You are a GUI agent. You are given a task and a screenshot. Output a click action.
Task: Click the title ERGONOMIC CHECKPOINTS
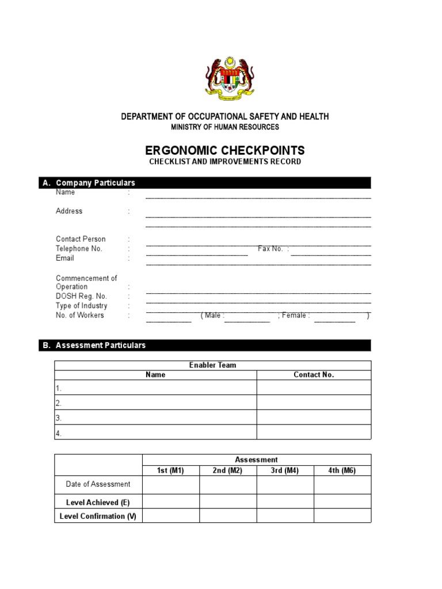point(224,151)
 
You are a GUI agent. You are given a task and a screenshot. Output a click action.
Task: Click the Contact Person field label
point(81,239)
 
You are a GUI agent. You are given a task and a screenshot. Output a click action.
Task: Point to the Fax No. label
point(270,248)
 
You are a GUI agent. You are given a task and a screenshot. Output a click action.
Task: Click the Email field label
point(65,258)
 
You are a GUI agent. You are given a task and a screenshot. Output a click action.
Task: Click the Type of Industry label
point(81,306)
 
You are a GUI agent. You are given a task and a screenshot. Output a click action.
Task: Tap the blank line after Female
point(334,318)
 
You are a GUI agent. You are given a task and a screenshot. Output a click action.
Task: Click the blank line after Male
point(247,318)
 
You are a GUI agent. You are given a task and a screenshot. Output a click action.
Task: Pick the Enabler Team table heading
point(212,365)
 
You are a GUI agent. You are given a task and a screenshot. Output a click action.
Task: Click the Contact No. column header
point(314,374)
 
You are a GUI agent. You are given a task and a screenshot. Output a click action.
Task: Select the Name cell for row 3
point(155,418)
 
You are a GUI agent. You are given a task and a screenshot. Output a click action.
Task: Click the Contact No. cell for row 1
point(314,388)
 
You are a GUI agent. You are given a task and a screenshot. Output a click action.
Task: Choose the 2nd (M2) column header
point(227,471)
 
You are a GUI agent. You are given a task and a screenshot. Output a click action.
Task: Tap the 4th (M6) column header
point(342,471)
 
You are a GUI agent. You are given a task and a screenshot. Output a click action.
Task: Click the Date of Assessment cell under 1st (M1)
point(170,485)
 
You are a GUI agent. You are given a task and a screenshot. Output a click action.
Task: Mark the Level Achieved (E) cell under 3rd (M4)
point(285,502)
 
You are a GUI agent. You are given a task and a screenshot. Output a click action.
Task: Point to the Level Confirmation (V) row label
point(98,516)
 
